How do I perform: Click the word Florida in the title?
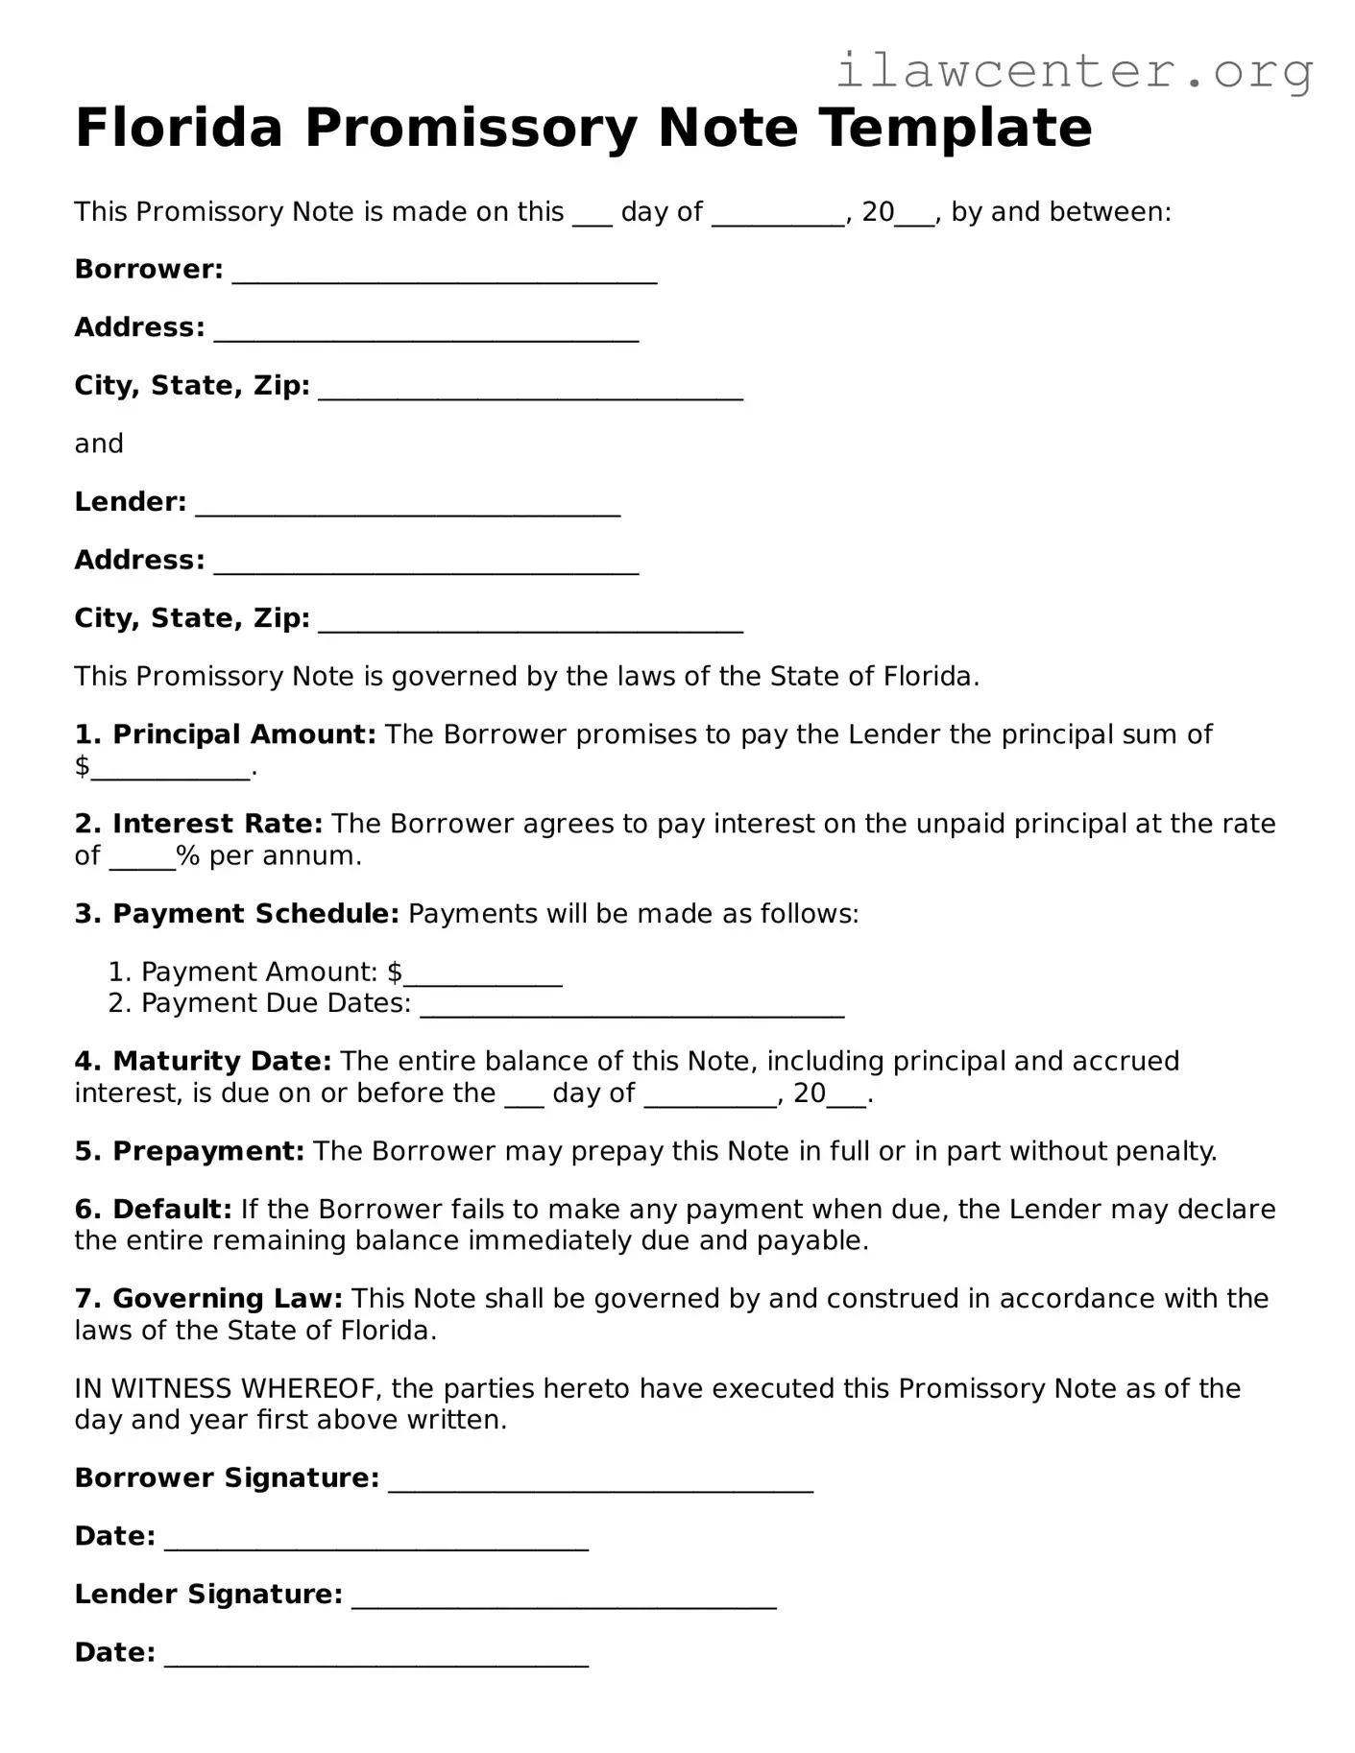pyautogui.click(x=179, y=128)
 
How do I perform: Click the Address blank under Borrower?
pyautogui.click(x=426, y=332)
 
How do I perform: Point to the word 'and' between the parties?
pyautogui.click(x=99, y=444)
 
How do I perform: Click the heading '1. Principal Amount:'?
pyautogui.click(x=226, y=734)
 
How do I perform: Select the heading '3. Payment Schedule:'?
pyautogui.click(x=236, y=913)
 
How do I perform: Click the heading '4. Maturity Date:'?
pyautogui.click(x=203, y=1061)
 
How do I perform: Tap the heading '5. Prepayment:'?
pyautogui.click(x=189, y=1151)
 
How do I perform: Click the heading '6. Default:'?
pyautogui.click(x=154, y=1209)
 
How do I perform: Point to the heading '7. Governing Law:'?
pyautogui.click(x=208, y=1298)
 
